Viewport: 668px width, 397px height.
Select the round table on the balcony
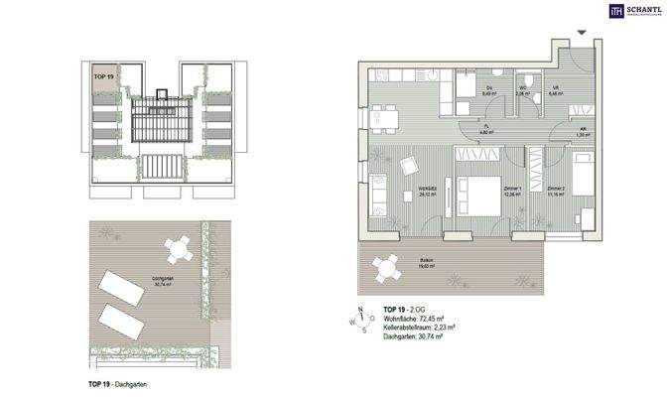(x=381, y=265)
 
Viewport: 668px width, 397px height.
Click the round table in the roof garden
(x=179, y=248)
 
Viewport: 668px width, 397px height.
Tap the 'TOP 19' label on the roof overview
(x=103, y=75)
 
